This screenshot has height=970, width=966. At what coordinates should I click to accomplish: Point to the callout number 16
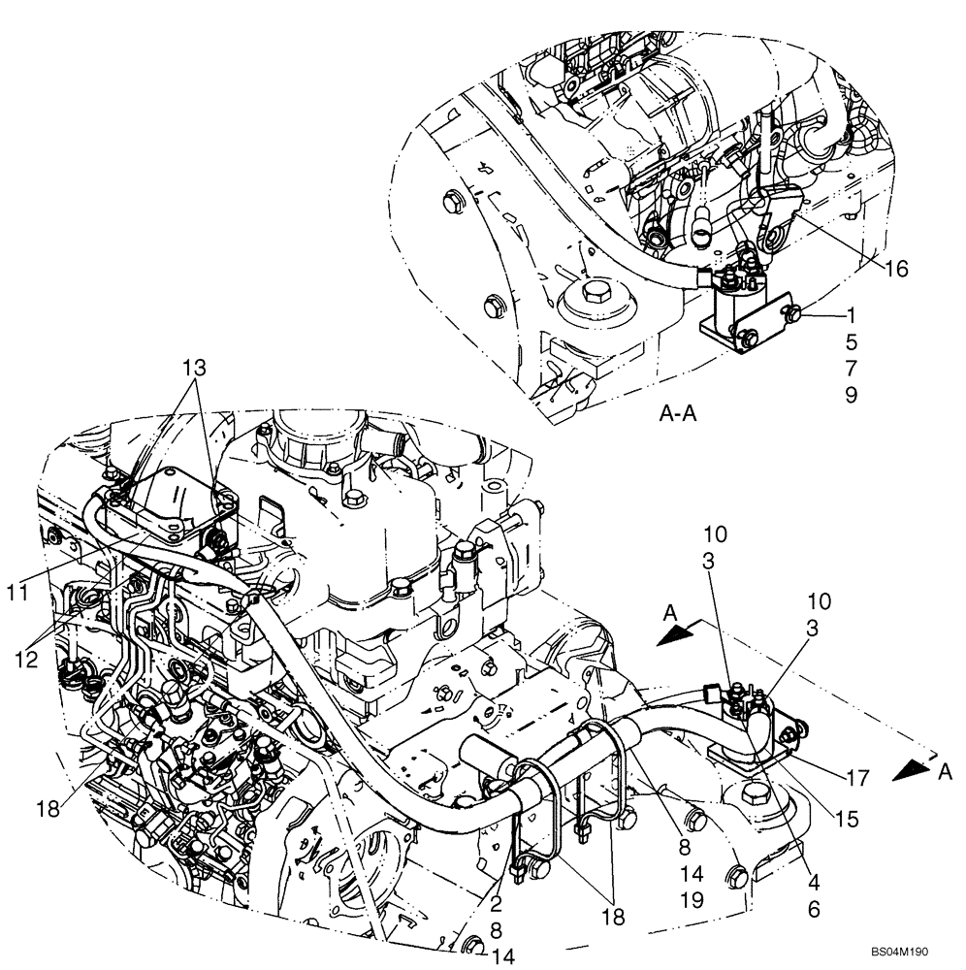[x=896, y=269]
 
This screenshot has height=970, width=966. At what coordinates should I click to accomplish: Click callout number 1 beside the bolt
[x=851, y=314]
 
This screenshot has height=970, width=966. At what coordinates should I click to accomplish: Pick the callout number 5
[x=851, y=341]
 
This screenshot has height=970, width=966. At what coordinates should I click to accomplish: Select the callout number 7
[x=851, y=369]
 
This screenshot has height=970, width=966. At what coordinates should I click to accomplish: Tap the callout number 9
[x=851, y=396]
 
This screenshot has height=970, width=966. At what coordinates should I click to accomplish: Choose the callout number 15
[x=847, y=820]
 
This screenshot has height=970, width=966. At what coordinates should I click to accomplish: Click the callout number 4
[x=813, y=884]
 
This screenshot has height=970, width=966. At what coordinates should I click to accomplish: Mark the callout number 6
[x=813, y=910]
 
